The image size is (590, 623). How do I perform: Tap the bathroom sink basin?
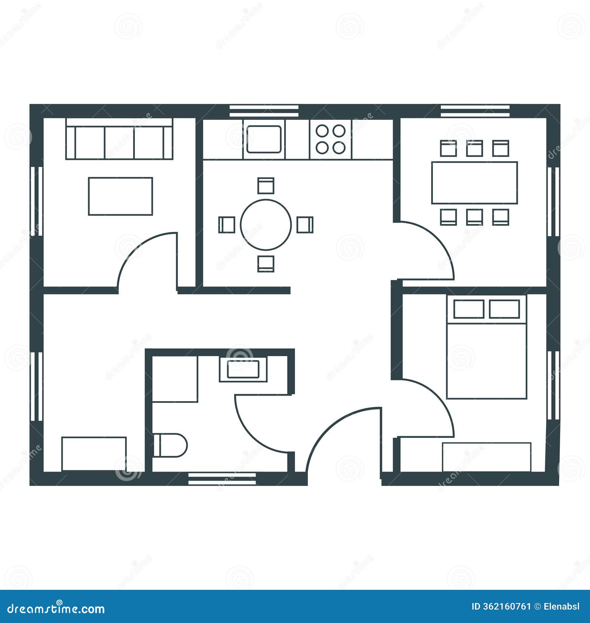click(x=243, y=369)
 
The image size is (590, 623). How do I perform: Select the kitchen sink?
click(x=264, y=139)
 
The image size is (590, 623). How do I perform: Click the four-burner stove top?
click(x=331, y=139)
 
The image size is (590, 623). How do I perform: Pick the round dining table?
click(x=266, y=225)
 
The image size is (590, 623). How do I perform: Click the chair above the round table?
click(x=266, y=185)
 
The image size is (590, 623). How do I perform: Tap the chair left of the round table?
click(x=227, y=225)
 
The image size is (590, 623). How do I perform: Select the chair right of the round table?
click(x=305, y=225)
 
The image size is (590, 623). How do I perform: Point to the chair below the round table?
click(x=266, y=264)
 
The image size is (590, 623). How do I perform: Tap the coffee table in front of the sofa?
click(x=120, y=196)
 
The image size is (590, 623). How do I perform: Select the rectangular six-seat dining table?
click(x=475, y=182)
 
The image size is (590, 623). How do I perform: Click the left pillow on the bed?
click(x=469, y=309)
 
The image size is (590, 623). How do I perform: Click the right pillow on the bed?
click(x=504, y=309)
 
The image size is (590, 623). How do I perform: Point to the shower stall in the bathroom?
click(x=175, y=379)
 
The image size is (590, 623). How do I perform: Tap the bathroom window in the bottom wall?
click(x=222, y=478)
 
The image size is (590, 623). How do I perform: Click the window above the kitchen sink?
click(x=264, y=111)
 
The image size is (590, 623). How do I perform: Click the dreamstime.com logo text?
click(x=56, y=608)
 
